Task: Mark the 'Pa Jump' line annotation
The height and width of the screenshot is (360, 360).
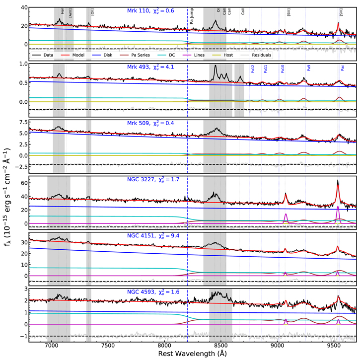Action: point(192,20)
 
